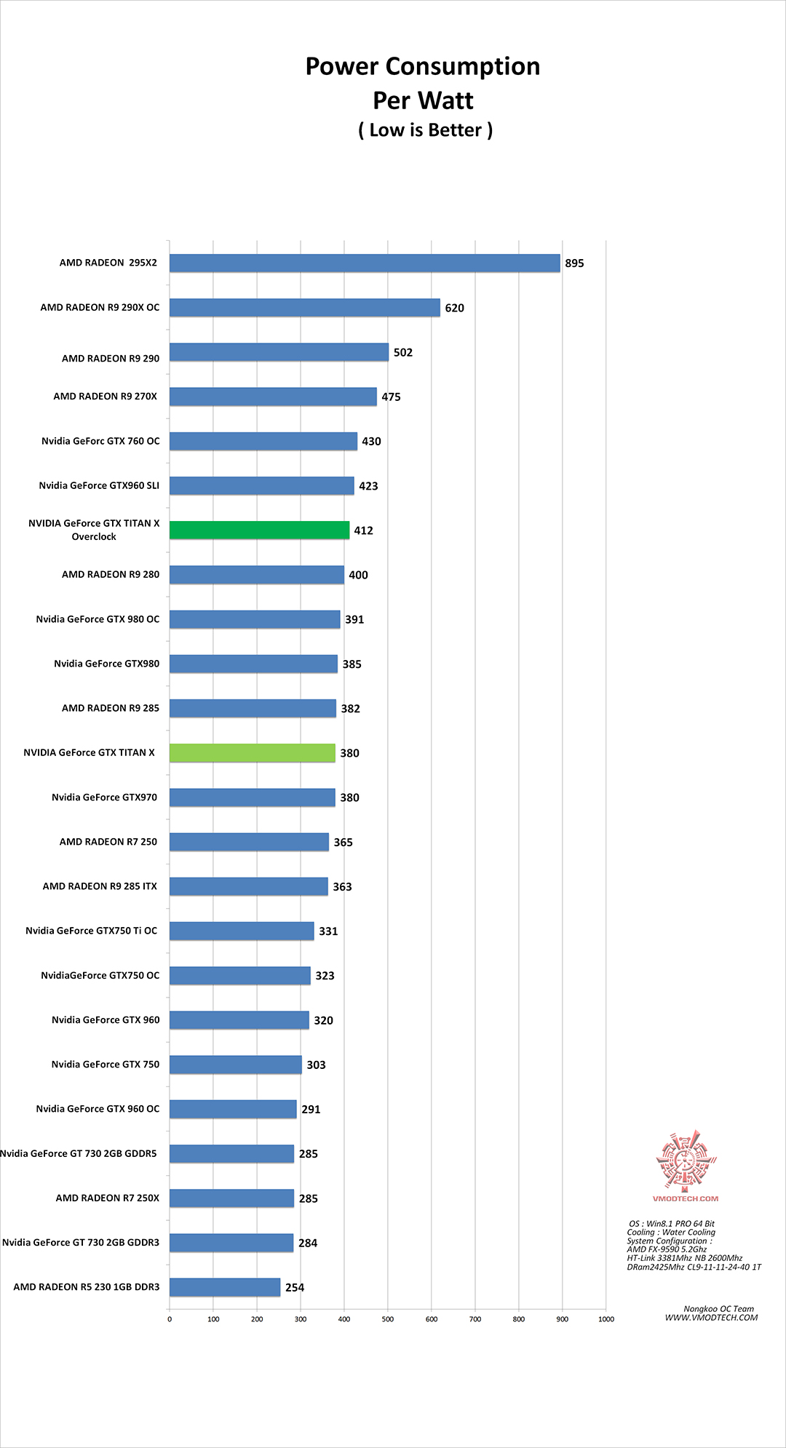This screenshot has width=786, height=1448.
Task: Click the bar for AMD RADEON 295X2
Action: tap(365, 263)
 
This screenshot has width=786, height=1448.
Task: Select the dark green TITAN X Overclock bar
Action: tap(259, 530)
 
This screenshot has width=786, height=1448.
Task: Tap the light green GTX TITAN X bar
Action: tap(253, 753)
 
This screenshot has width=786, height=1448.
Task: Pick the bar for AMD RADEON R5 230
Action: tap(225, 1287)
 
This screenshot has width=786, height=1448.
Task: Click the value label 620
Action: tap(455, 308)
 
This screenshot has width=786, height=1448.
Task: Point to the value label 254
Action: tap(295, 1287)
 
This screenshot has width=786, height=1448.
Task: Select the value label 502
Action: tap(403, 352)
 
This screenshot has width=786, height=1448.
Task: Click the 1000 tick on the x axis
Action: tap(606, 1319)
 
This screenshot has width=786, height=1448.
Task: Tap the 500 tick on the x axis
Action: tap(388, 1319)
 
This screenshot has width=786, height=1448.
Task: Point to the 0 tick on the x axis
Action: tap(170, 1319)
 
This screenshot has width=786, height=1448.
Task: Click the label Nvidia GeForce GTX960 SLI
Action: tap(99, 485)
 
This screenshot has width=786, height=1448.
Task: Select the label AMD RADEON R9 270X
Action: tap(105, 397)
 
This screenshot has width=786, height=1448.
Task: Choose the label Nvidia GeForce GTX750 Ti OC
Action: tap(91, 931)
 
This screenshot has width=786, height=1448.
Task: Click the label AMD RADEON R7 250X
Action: tap(107, 1198)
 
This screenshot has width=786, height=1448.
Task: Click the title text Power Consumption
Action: tap(422, 66)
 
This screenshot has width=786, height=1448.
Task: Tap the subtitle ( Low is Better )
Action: tap(425, 130)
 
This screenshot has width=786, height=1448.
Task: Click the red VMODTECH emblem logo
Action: tap(685, 1161)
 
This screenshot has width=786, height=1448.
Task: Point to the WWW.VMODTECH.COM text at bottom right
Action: tap(711, 1317)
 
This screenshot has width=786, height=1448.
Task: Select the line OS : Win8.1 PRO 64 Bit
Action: tap(672, 1223)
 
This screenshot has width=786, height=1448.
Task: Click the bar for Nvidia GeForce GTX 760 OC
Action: tap(263, 441)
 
